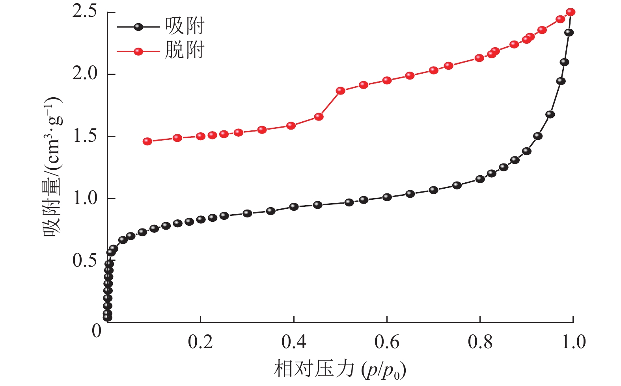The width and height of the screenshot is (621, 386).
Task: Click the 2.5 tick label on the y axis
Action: point(85,12)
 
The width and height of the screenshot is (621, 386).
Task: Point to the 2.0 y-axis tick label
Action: point(85,74)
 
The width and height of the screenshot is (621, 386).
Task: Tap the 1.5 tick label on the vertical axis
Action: point(85,136)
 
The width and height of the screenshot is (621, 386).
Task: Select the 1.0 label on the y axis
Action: point(85,198)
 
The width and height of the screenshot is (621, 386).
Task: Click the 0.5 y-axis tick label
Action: point(85,260)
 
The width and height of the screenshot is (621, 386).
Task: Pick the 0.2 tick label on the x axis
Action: point(200,342)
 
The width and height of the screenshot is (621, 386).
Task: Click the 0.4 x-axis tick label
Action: point(294,342)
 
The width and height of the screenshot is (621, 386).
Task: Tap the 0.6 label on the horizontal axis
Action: point(387,342)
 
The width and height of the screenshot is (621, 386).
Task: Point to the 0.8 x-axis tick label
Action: point(480,342)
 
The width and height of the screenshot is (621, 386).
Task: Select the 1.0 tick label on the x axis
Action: point(573,342)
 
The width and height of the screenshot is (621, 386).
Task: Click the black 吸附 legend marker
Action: point(138,27)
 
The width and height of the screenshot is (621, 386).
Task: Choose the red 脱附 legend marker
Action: point(138,51)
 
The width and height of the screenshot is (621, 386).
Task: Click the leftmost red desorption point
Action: point(147,141)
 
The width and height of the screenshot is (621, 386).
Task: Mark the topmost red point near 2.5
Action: point(571,12)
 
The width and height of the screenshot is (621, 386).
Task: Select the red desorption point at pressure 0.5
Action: point(340,91)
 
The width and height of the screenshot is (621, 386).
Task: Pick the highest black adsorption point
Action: point(569,33)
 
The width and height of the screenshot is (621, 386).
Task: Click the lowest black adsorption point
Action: point(107,317)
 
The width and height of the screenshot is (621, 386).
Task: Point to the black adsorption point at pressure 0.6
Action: point(387,197)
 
